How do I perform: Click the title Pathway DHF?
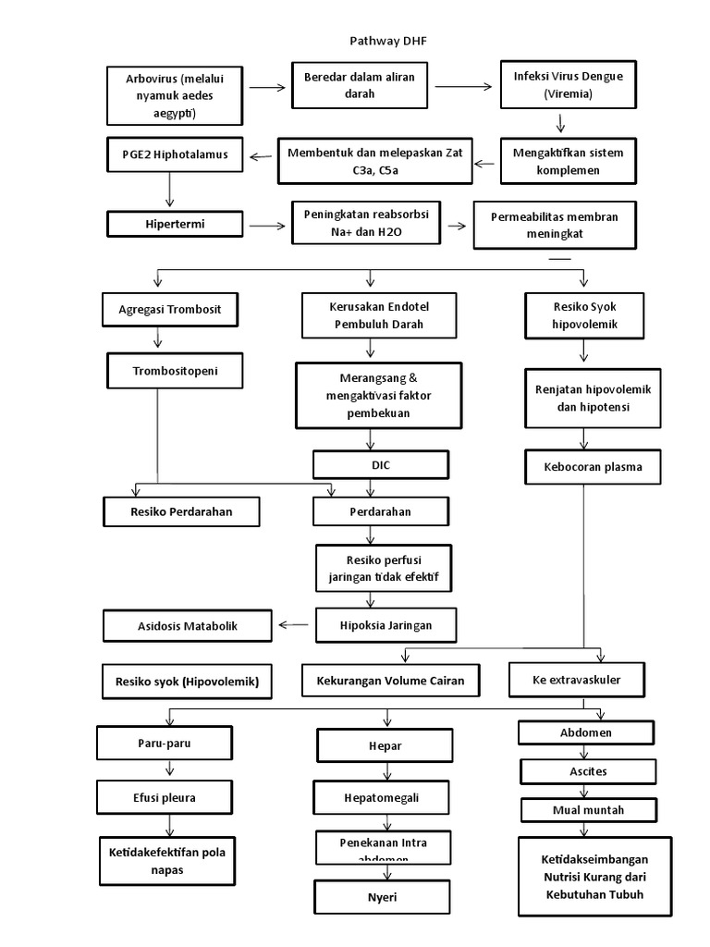(388, 41)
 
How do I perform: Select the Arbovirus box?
(162, 96)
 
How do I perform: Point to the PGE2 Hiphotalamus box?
(167, 154)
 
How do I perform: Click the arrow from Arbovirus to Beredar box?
(267, 88)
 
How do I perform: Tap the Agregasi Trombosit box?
(171, 309)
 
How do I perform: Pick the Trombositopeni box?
(175, 372)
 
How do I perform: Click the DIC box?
(380, 465)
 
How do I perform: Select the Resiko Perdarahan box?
(181, 511)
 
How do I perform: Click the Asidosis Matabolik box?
(189, 626)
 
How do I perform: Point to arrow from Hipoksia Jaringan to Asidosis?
(294, 625)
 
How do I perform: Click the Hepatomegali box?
(384, 795)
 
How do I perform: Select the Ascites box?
(588, 771)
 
